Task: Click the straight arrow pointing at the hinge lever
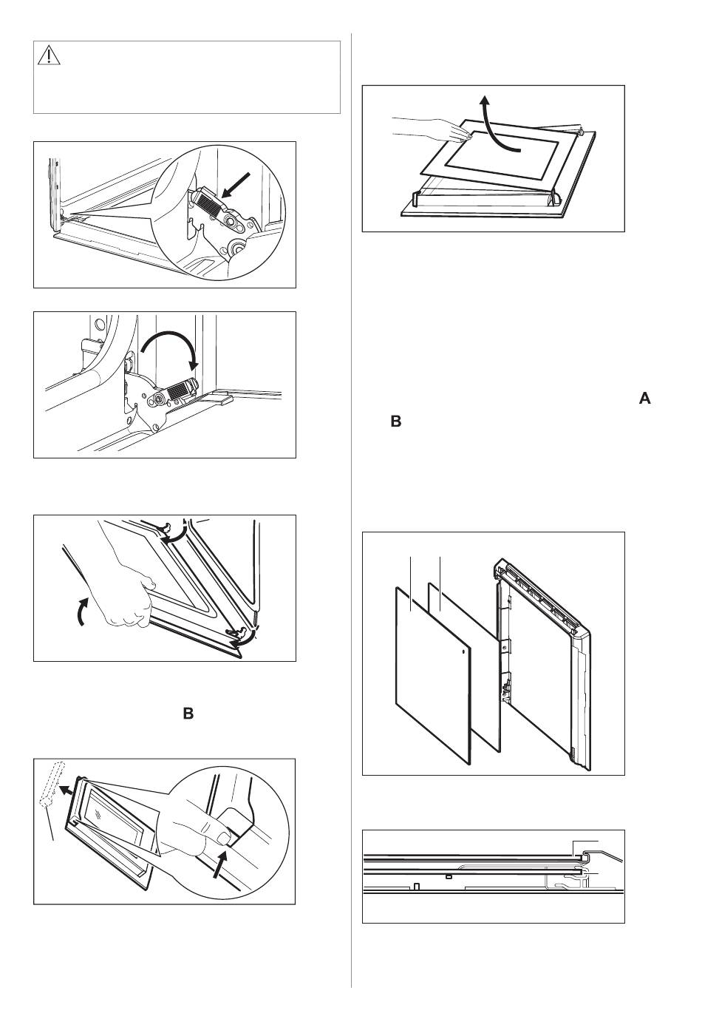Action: [238, 186]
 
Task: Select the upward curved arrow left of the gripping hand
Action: [83, 612]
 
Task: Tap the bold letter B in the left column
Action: [188, 714]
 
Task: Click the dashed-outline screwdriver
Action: [50, 785]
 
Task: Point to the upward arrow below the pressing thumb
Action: [217, 864]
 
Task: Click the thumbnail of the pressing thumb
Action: [221, 836]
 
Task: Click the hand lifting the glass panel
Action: [429, 130]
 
